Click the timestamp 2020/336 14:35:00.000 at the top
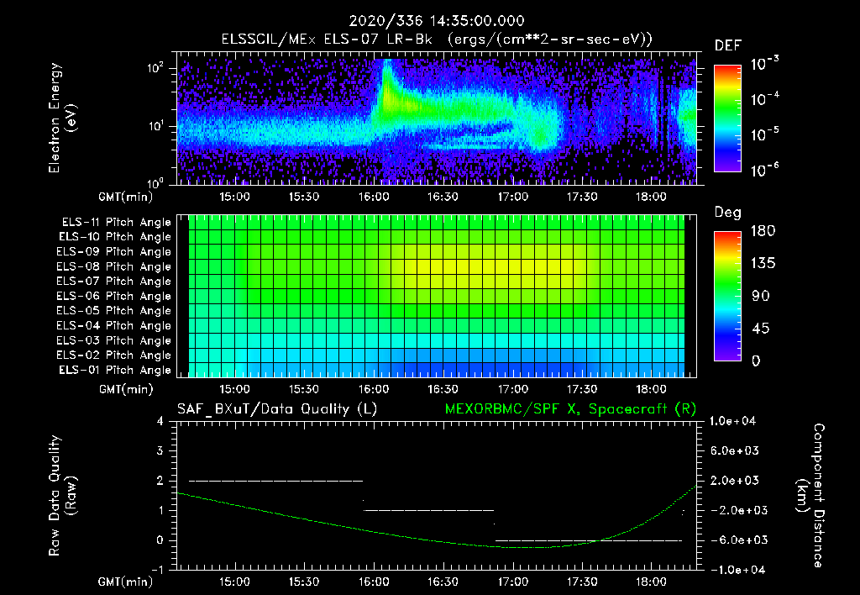429,21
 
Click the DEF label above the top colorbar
727,45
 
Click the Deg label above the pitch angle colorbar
727,213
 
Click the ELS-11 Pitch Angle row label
115,223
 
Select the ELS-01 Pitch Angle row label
115,371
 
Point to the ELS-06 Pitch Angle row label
115,297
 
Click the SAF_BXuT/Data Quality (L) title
276,408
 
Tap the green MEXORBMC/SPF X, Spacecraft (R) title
563,408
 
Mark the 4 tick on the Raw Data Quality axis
160,421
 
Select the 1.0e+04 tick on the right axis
736,421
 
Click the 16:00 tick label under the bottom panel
373,582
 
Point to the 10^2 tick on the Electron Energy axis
155,69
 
